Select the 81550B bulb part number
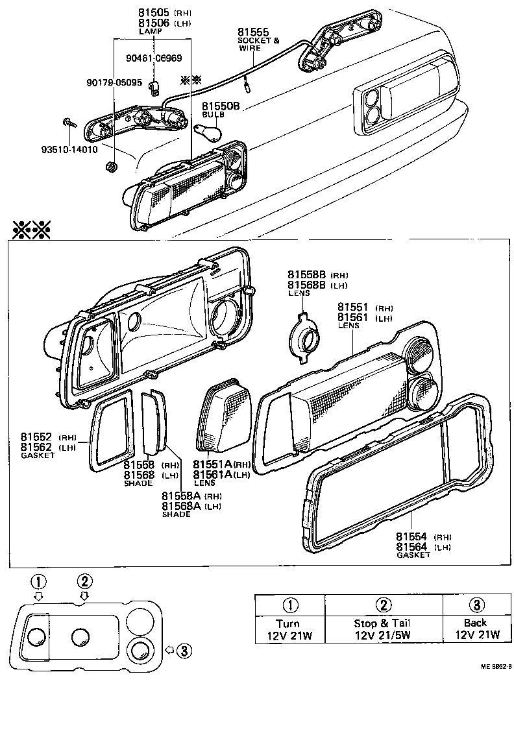pos(221,106)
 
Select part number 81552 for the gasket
pos(38,437)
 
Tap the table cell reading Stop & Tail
pos(382,629)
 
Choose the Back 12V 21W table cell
pos(475,629)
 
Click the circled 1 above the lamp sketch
pos(40,581)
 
